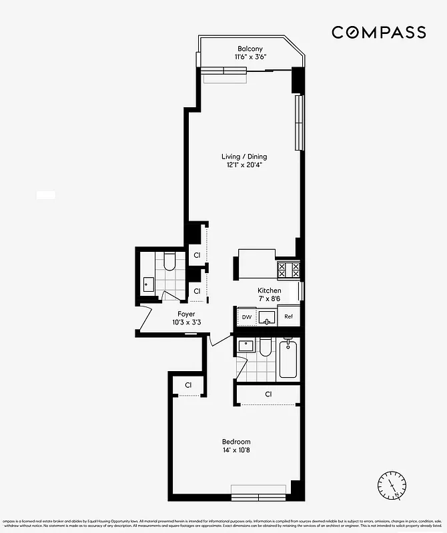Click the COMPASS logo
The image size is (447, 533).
click(x=379, y=32)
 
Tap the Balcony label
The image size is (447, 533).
click(x=250, y=48)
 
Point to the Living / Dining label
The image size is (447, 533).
click(x=244, y=157)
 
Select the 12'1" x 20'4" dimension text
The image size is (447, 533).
click(x=244, y=165)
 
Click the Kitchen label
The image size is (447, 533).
click(x=270, y=291)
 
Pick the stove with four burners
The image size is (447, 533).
click(x=289, y=269)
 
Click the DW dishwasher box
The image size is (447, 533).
click(x=246, y=317)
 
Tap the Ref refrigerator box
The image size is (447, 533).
click(x=289, y=317)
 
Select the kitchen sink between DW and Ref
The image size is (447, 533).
click(x=267, y=318)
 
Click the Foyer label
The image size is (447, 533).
click(x=186, y=314)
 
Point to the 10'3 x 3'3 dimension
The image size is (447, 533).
click(x=186, y=322)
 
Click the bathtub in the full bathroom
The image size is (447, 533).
click(x=288, y=360)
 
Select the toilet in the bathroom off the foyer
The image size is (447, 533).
click(x=169, y=261)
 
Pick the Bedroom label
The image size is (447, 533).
click(x=236, y=442)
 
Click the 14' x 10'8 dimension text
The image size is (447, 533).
click(x=236, y=450)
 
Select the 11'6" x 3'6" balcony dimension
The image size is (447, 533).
click(x=250, y=57)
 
